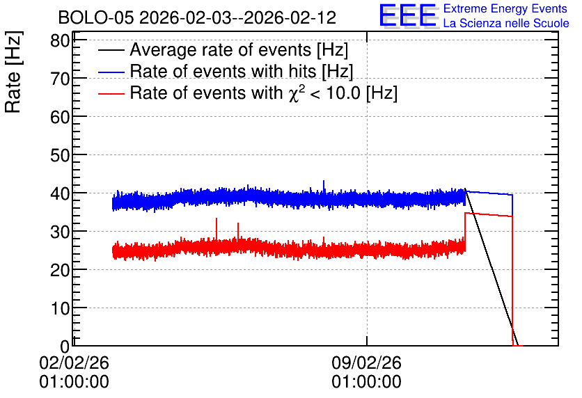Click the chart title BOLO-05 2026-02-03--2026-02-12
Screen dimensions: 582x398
tap(197, 17)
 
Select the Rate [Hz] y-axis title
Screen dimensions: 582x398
tap(13, 72)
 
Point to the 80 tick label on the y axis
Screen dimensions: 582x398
tap(60, 40)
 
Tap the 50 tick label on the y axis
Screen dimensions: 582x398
tap(60, 155)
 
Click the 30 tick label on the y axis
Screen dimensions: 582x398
tap(60, 232)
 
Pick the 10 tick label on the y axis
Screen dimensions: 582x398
tap(60, 308)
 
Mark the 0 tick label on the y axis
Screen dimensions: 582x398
tap(65, 347)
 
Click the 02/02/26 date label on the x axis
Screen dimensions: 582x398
tap(74, 363)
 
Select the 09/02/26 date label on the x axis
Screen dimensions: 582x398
tap(366, 363)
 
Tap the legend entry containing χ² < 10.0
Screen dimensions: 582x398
tap(264, 93)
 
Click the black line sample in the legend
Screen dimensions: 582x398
tap(111, 50)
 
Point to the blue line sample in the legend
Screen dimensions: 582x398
tap(111, 72)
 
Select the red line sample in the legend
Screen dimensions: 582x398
tap(111, 93)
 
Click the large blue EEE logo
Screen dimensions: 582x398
tap(408, 15)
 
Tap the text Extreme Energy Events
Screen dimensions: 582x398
tap(505, 8)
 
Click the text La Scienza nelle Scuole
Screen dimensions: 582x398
tap(506, 23)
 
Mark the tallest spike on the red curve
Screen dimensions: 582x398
tap(217, 218)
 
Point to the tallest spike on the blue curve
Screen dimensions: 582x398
tap(324, 181)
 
